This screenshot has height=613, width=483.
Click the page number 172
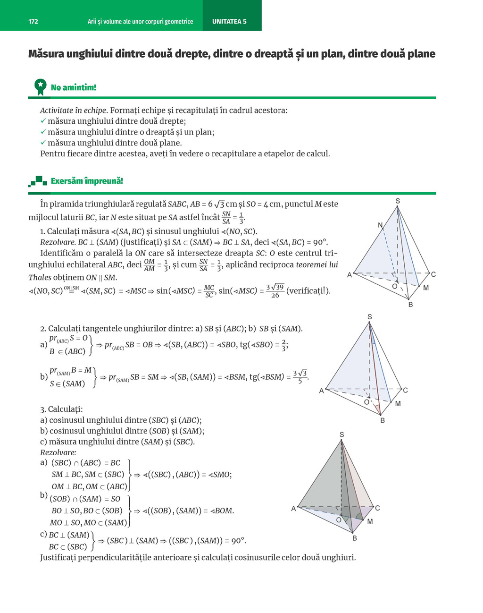(33, 21)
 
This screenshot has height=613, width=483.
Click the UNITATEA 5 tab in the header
(229, 21)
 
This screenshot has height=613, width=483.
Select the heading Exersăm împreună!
(87, 181)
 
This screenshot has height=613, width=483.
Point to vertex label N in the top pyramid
(380, 225)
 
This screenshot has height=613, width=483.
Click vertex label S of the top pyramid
(398, 201)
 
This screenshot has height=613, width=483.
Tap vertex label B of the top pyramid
(411, 305)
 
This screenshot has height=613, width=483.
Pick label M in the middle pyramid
(398, 404)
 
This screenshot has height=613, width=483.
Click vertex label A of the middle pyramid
(321, 391)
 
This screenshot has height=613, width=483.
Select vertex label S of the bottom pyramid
(341, 434)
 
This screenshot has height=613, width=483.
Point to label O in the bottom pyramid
(339, 520)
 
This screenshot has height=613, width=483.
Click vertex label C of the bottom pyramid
(377, 508)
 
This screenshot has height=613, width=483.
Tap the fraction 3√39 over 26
(275, 291)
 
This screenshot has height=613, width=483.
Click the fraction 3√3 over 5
(300, 377)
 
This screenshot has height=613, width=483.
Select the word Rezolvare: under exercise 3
(58, 452)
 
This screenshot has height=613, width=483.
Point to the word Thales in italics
(40, 278)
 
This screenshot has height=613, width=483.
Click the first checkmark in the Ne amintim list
(43, 121)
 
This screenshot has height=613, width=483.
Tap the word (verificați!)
(308, 291)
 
